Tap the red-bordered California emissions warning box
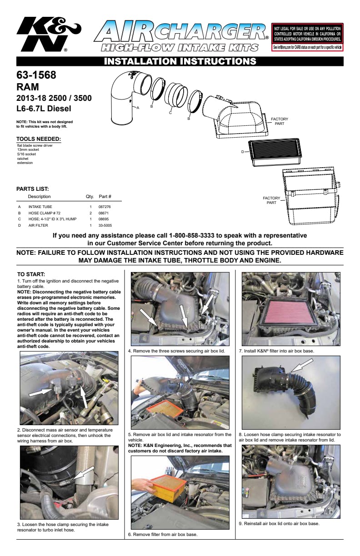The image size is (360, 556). pos(307,37)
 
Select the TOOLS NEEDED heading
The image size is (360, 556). pos(39,139)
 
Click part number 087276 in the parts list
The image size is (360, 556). pos(105,206)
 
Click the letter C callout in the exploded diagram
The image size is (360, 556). pos(170,113)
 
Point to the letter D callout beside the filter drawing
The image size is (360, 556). pos(243,152)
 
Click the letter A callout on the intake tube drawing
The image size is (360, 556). pos(138,108)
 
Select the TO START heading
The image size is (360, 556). pos(31,274)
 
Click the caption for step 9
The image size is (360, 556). pos(279,523)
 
